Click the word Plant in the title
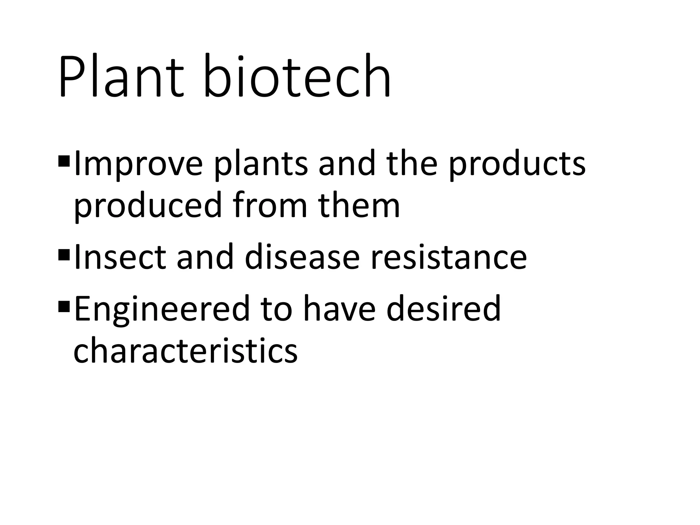121,77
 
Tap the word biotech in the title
297,77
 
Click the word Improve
138,164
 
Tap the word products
517,164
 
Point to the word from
270,205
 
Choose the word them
359,205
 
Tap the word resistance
448,257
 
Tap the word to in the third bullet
276,309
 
